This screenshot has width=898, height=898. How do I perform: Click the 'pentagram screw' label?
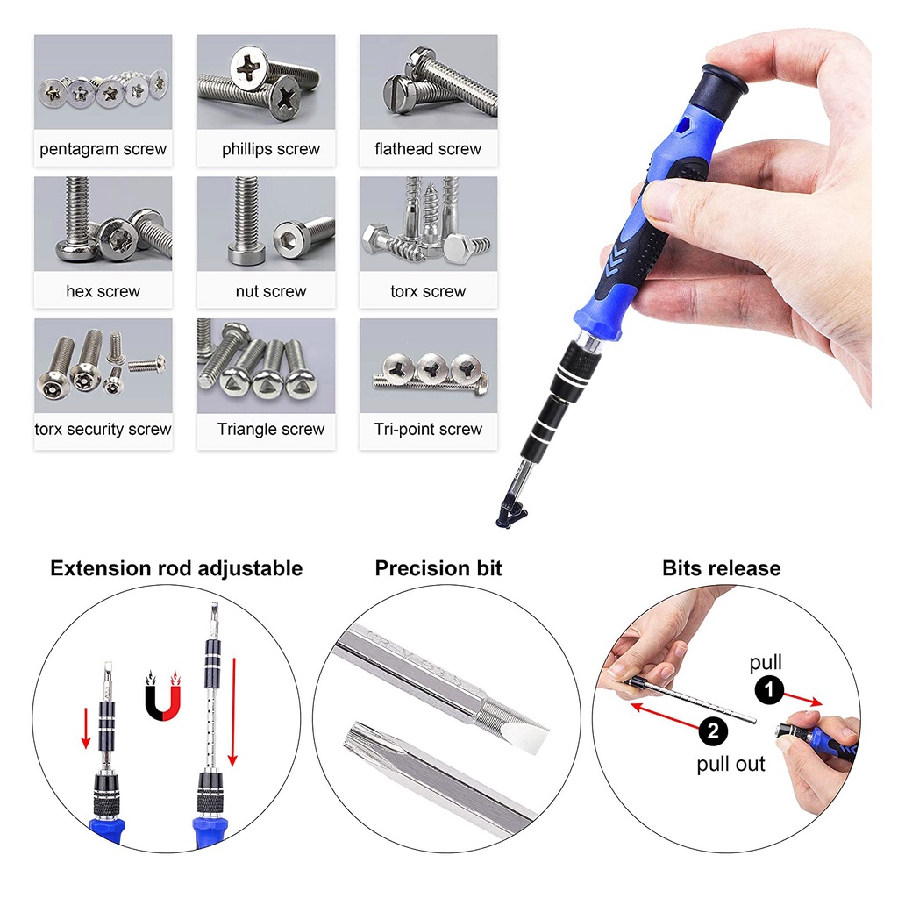pyautogui.click(x=103, y=149)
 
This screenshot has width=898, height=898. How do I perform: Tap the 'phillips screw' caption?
pyautogui.click(x=271, y=149)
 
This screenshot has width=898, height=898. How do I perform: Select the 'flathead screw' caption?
pyautogui.click(x=428, y=149)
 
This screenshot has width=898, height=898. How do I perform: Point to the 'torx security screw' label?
pyautogui.click(x=103, y=429)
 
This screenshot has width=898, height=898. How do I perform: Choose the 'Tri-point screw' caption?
pyautogui.click(x=428, y=429)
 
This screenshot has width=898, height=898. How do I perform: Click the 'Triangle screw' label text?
pyautogui.click(x=271, y=429)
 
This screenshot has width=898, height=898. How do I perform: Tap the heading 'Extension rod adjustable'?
pyautogui.click(x=176, y=568)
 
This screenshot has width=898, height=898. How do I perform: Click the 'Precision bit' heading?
pyautogui.click(x=438, y=568)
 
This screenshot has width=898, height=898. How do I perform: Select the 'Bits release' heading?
pyautogui.click(x=722, y=568)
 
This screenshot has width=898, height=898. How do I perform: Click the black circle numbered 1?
pyautogui.click(x=769, y=689)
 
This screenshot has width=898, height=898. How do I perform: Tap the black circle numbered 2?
pyautogui.click(x=713, y=731)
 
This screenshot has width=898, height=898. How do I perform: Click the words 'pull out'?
pyautogui.click(x=731, y=765)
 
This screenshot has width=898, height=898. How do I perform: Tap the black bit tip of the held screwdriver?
pyautogui.click(x=510, y=511)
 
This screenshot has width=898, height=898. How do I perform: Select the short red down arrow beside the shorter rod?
pyautogui.click(x=86, y=728)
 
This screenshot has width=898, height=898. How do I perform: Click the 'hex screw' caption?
pyautogui.click(x=103, y=291)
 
